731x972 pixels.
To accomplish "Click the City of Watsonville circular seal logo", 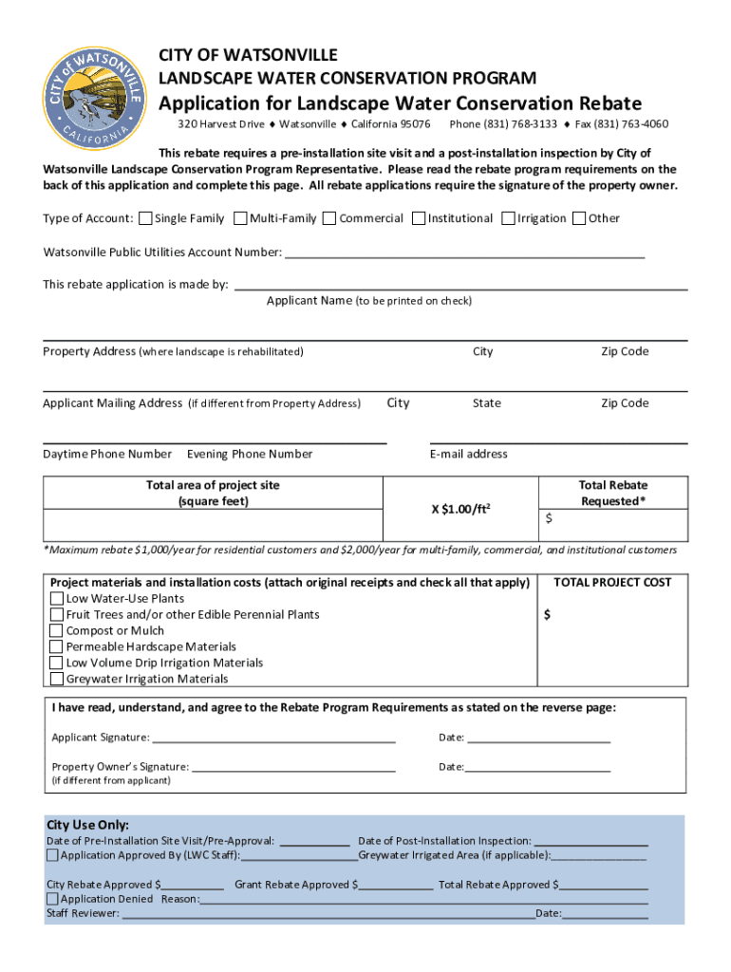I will tap(92, 94).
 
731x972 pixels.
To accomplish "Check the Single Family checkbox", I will tap(145, 218).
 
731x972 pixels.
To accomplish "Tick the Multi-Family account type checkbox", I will tap(240, 218).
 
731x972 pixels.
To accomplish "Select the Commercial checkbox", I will tap(329, 218).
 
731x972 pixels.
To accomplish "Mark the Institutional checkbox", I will tap(418, 218).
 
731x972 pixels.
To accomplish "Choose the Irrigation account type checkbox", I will tap(508, 218).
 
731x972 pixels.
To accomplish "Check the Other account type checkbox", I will tap(579, 218).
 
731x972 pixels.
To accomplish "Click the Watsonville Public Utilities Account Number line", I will tap(464, 252).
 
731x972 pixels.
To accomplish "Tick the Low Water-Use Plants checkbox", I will tap(57, 599).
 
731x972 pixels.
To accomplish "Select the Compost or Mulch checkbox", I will tap(57, 631).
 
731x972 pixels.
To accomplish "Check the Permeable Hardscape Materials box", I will tap(57, 647).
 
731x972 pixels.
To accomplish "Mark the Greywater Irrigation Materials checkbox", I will tap(57, 680).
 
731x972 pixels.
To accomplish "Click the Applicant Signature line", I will tap(273, 738).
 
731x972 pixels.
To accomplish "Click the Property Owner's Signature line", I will tap(293, 767).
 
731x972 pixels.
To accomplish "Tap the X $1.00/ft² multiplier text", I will tap(460, 509).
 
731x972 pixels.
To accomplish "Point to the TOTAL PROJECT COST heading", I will tap(612, 582).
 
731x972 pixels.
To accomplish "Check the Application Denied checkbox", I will tap(52, 899).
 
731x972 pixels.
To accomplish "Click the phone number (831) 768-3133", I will tap(503, 124).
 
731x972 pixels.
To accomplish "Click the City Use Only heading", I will tap(88, 825).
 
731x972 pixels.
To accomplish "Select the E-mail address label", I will tap(468, 454).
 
